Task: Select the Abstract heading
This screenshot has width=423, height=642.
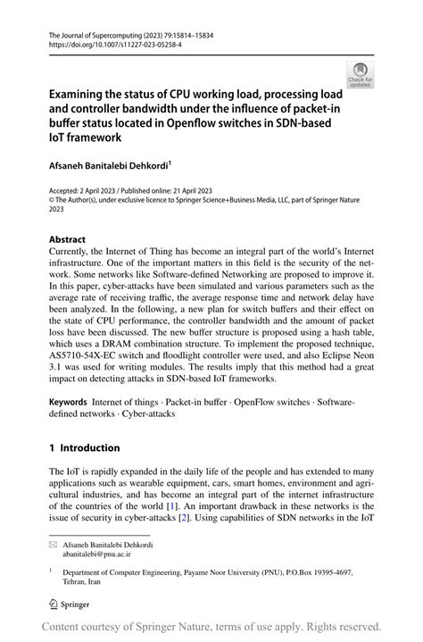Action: pyautogui.click(x=68, y=239)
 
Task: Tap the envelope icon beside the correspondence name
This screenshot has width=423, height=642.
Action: pyautogui.click(x=54, y=545)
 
